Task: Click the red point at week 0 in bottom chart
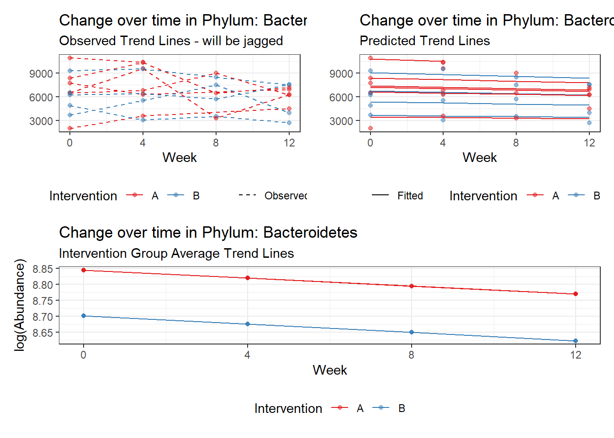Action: (84, 270)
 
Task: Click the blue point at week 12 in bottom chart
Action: (576, 341)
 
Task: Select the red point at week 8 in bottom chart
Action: (412, 286)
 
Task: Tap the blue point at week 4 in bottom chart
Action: (248, 324)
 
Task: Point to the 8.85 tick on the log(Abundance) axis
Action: (42, 269)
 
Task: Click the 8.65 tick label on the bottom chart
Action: (42, 333)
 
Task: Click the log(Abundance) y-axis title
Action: (20, 305)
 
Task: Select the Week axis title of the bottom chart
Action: (330, 370)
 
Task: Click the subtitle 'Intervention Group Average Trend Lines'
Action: (176, 253)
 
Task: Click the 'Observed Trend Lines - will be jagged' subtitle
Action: (171, 41)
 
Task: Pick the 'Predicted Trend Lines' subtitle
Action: (424, 41)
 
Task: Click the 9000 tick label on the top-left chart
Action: (41, 73)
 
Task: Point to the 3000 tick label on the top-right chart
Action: (341, 121)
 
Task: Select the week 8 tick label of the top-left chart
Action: (216, 143)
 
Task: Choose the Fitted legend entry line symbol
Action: (380, 195)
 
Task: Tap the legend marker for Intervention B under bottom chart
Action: (381, 408)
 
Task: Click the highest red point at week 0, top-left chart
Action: (70, 58)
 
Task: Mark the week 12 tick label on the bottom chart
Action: (576, 355)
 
